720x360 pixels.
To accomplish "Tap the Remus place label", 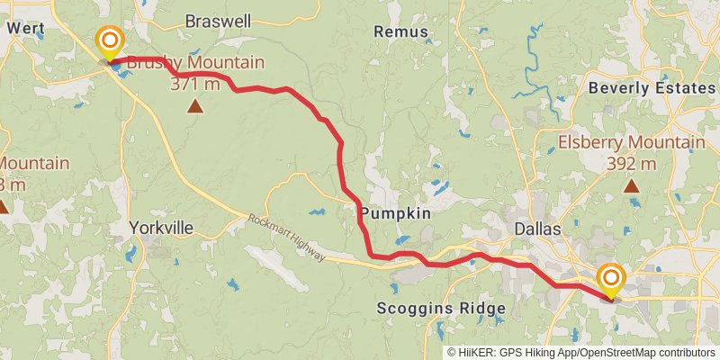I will tap(399, 31).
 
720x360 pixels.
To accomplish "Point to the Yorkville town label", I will tap(161, 228).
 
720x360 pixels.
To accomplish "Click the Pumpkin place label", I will tap(396, 213).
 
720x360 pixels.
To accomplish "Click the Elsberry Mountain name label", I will tap(631, 143).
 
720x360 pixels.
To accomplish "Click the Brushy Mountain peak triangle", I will tap(194, 107).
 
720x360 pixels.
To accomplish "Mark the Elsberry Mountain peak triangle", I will tap(632, 186).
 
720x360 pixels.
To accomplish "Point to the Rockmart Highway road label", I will tap(286, 237).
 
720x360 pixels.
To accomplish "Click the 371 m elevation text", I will tap(195, 84).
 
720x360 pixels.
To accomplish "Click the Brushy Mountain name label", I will tap(195, 63).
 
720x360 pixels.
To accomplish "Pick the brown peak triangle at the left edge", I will tap(3, 207).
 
